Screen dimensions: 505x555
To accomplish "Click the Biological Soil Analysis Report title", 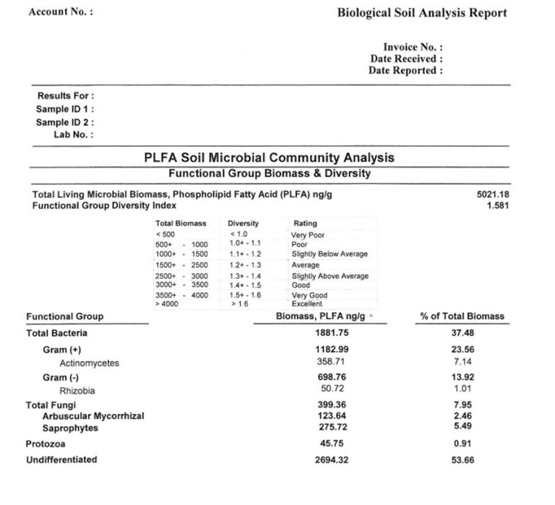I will tap(422, 13).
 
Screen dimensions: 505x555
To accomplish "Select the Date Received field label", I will tap(406, 59).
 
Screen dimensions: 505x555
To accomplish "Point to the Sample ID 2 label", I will tap(65, 122).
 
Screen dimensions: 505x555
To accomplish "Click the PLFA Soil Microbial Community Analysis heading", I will tap(270, 157).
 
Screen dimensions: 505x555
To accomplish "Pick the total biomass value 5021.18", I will tap(494, 194).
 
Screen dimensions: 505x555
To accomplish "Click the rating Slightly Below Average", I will tap(329, 254).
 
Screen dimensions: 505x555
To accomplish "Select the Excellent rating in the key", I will tap(307, 304).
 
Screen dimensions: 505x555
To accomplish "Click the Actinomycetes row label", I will tap(89, 363).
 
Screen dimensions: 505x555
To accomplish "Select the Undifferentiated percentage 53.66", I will tap(462, 459).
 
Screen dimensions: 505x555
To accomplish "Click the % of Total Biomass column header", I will tap(462, 316).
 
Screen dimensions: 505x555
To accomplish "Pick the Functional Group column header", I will tap(65, 316).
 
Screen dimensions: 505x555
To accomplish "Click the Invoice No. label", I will tap(413, 47).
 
